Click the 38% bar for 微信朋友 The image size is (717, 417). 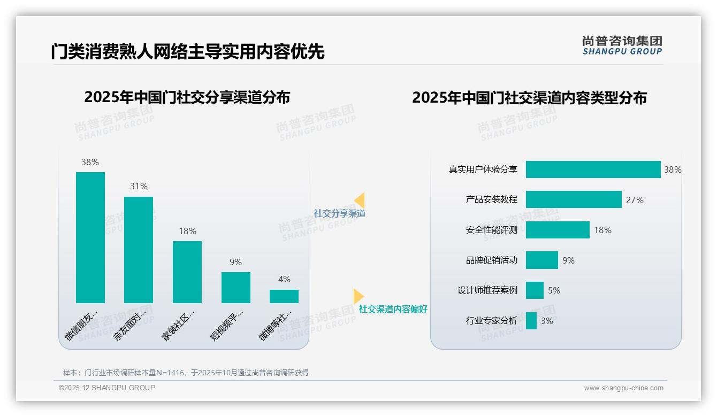90,237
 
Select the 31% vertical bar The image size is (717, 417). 139,250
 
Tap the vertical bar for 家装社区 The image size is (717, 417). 187,272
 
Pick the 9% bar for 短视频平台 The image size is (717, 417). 236,287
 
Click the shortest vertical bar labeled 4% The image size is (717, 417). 284,296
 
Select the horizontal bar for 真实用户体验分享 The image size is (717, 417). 593,169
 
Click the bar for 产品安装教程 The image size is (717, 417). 574,199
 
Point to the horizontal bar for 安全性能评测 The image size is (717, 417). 558,230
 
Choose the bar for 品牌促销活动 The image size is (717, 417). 542,260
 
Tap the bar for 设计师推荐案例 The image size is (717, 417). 535,290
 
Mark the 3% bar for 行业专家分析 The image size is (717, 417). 531,321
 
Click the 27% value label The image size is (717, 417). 635,200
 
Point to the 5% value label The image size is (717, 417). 554,291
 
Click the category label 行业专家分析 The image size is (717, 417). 492,321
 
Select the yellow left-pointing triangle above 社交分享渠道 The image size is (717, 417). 360,200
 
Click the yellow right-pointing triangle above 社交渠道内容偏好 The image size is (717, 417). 358,296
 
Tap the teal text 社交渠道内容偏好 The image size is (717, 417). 393,309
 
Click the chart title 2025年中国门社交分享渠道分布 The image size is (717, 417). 187,97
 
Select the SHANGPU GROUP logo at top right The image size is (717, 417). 622,45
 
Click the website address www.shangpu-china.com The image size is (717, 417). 623,388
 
